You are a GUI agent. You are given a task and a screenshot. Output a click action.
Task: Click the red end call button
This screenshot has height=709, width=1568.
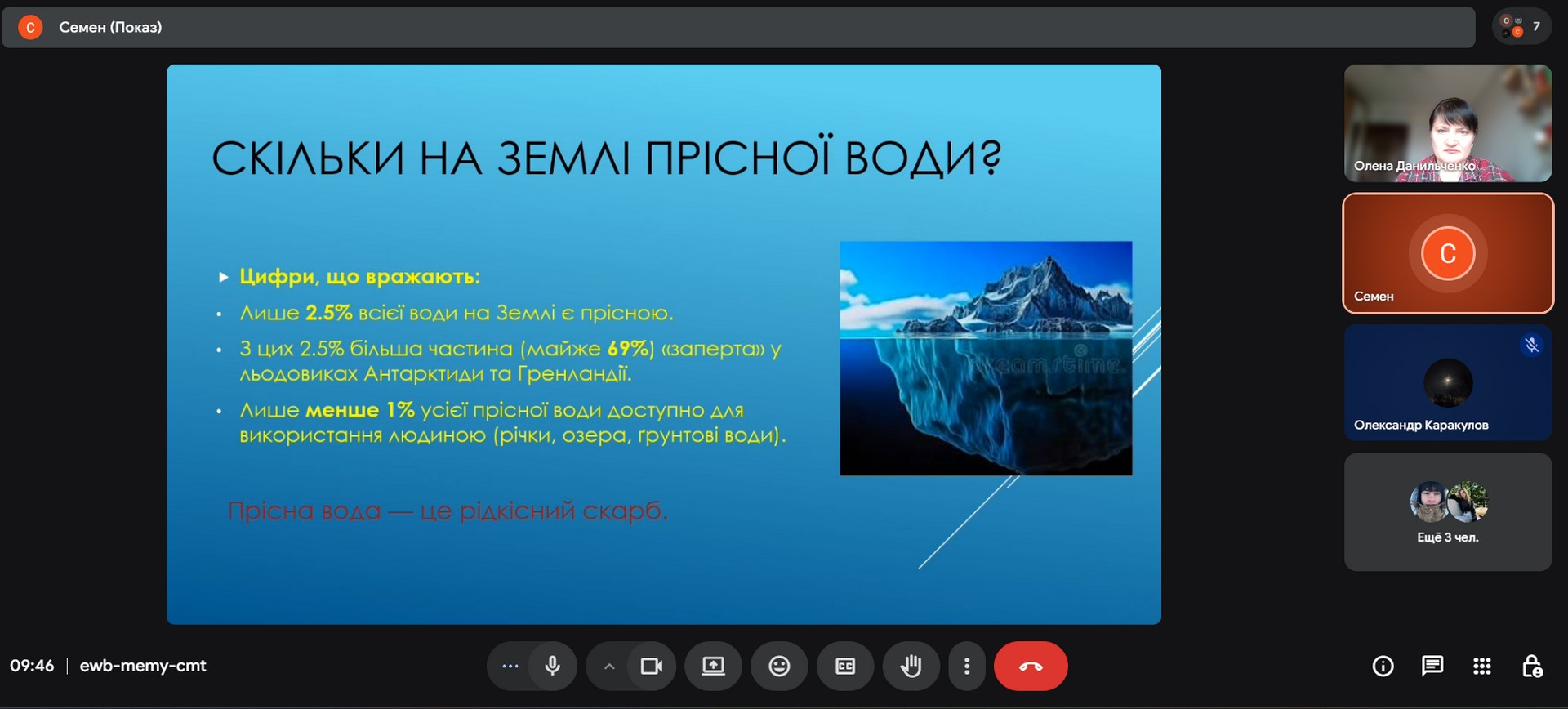(1031, 666)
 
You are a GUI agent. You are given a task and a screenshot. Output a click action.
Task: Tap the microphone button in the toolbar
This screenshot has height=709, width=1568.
(553, 666)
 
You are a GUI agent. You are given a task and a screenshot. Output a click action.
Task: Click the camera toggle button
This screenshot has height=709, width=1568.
(652, 666)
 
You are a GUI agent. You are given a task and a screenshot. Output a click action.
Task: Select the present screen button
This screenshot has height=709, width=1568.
(713, 666)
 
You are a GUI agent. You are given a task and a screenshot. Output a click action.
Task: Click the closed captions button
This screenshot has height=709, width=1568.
(845, 666)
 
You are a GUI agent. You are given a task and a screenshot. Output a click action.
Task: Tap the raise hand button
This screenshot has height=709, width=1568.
(911, 666)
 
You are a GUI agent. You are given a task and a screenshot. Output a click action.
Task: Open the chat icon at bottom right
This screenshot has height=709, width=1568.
(1432, 666)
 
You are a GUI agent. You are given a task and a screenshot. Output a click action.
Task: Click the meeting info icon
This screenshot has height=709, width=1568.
(1383, 666)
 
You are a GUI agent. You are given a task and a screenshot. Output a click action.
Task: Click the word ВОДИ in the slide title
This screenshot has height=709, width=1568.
(923, 158)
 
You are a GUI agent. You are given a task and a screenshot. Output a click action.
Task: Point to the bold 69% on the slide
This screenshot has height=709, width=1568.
(630, 349)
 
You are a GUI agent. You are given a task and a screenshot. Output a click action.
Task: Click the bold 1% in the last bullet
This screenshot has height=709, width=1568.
(400, 409)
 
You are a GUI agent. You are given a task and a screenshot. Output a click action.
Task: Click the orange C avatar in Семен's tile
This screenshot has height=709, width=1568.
(1448, 253)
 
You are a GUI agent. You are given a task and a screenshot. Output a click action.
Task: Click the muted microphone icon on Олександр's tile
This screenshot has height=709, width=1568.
(1532, 345)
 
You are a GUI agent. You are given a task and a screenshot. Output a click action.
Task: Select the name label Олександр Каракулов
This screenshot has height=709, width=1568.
(1421, 425)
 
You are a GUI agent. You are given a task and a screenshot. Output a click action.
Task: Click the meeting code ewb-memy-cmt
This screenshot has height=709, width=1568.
(143, 666)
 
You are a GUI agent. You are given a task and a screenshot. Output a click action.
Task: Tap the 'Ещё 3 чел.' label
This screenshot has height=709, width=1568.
(1448, 537)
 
